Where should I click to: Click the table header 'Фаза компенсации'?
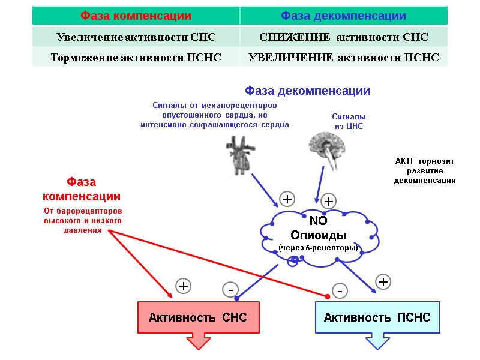tap(136, 16)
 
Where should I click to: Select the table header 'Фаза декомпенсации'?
tap(343, 16)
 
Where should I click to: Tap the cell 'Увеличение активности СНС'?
tap(136, 37)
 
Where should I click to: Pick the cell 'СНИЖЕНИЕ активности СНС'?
tap(343, 37)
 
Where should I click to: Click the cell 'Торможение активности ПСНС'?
tap(136, 58)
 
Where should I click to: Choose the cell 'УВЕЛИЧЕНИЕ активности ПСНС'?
tap(343, 58)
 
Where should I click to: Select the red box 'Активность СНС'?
tap(198, 317)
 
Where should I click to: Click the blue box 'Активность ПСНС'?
tap(377, 317)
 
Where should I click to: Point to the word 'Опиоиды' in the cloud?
tap(319, 235)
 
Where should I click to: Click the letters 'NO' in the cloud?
tap(318, 221)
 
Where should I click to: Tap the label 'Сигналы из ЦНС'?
tap(349, 122)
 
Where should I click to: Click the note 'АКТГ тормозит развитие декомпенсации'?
tap(425, 171)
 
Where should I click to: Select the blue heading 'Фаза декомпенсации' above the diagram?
tap(307, 91)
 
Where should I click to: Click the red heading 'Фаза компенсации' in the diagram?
tap(82, 189)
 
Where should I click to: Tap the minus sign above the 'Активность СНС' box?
tap(229, 290)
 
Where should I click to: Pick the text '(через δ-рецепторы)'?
tap(318, 247)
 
